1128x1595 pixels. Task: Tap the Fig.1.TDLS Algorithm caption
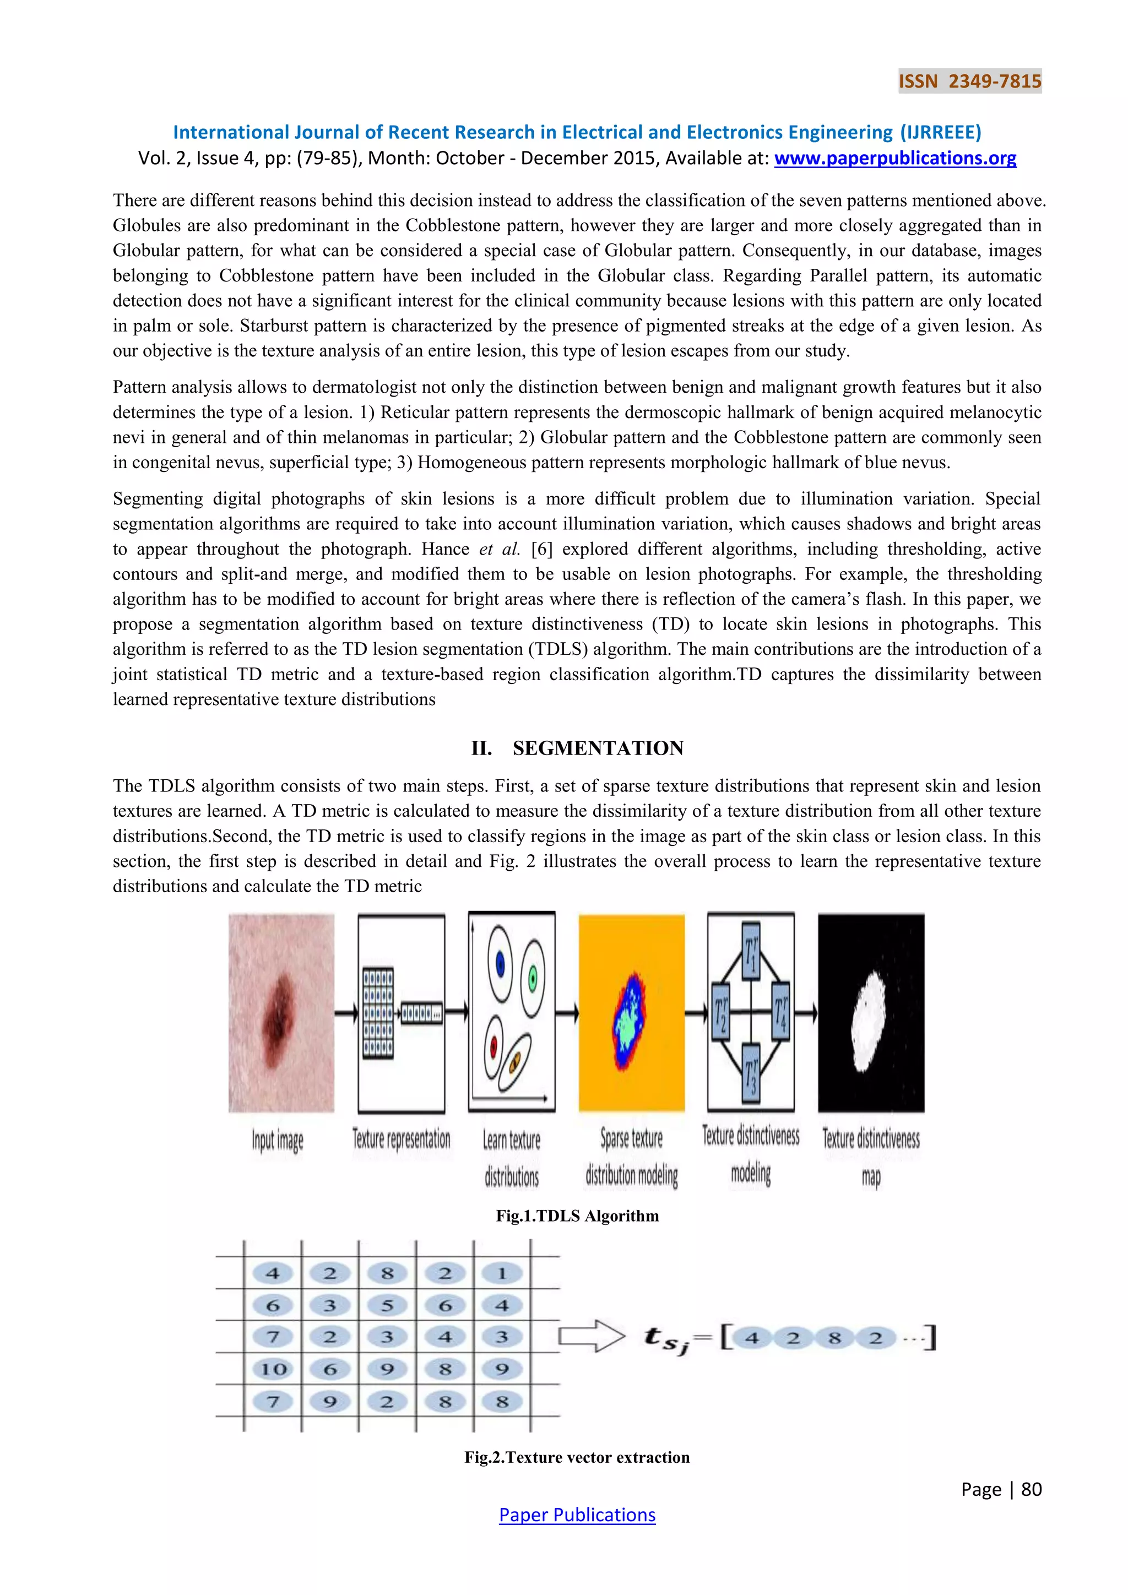click(577, 1216)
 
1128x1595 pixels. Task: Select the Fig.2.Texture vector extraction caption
click(577, 1457)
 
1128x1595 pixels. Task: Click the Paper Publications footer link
click(577, 1515)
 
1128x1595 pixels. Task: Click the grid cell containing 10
click(273, 1369)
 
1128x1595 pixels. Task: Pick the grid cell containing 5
click(387, 1305)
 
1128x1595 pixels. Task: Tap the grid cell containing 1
click(502, 1273)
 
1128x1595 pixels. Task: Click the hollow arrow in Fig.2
click(591, 1337)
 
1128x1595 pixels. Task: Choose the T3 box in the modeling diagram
click(751, 1072)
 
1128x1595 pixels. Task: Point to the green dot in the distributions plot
click(532, 979)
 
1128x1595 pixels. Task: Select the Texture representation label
click(401, 1140)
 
